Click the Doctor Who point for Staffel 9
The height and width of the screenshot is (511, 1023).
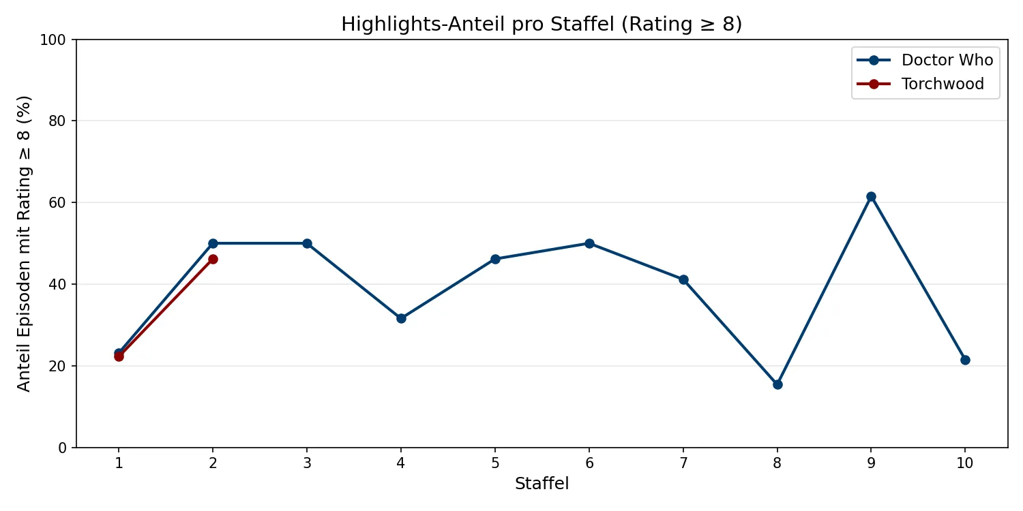click(871, 196)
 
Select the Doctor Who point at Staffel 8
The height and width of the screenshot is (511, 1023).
click(777, 384)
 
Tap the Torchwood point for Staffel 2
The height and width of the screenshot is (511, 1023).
click(213, 259)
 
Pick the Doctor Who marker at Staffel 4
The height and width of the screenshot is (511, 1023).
click(401, 318)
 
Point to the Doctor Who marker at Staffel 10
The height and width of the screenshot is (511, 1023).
click(965, 360)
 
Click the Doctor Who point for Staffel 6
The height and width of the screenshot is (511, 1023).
click(589, 243)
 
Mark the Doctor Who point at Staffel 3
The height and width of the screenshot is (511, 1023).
click(307, 243)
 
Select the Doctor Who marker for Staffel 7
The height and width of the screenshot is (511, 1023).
click(683, 279)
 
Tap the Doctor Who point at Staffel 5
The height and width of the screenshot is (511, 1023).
click(495, 259)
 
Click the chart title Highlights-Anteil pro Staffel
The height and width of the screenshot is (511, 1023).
click(542, 25)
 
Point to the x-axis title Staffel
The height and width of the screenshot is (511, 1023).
click(542, 484)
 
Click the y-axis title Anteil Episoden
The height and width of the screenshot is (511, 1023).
click(25, 243)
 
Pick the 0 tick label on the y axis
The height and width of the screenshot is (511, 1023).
click(62, 448)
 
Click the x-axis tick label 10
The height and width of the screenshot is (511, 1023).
click(965, 463)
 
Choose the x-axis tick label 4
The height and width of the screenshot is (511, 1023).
click(401, 463)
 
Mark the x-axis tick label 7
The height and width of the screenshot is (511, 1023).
click(683, 463)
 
